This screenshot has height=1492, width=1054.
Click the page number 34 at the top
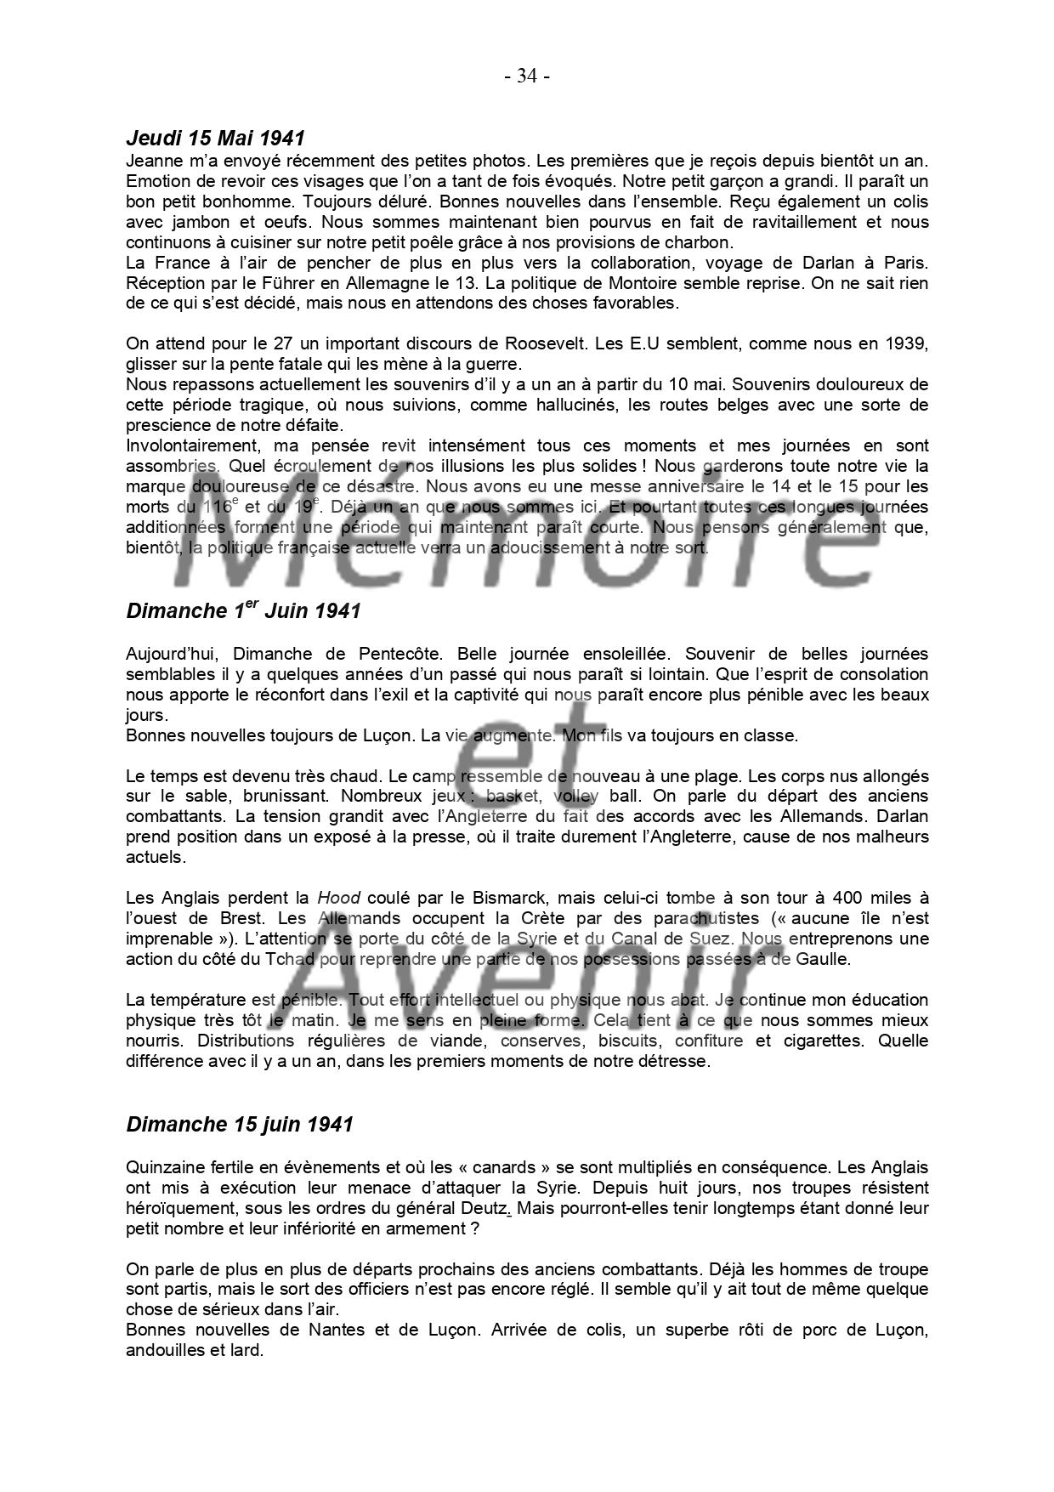tap(527, 77)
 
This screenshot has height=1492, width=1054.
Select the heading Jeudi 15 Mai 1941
tap(215, 138)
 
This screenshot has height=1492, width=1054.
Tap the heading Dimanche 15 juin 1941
tap(239, 1124)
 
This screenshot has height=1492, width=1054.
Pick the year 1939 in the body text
tap(908, 343)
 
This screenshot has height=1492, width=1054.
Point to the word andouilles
tap(165, 1350)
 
